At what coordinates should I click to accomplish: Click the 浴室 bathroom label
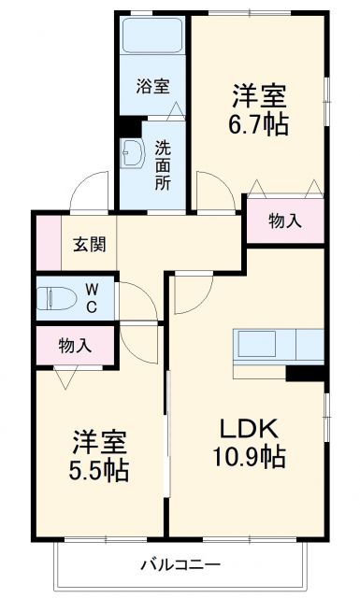pyautogui.click(x=152, y=87)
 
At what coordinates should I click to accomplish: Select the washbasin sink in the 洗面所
pyautogui.click(x=132, y=155)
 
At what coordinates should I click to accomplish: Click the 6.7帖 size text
pyautogui.click(x=257, y=123)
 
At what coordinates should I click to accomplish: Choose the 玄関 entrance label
pyautogui.click(x=89, y=246)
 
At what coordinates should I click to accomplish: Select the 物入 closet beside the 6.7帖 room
pyautogui.click(x=284, y=221)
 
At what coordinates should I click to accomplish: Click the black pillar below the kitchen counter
pyautogui.click(x=304, y=373)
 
